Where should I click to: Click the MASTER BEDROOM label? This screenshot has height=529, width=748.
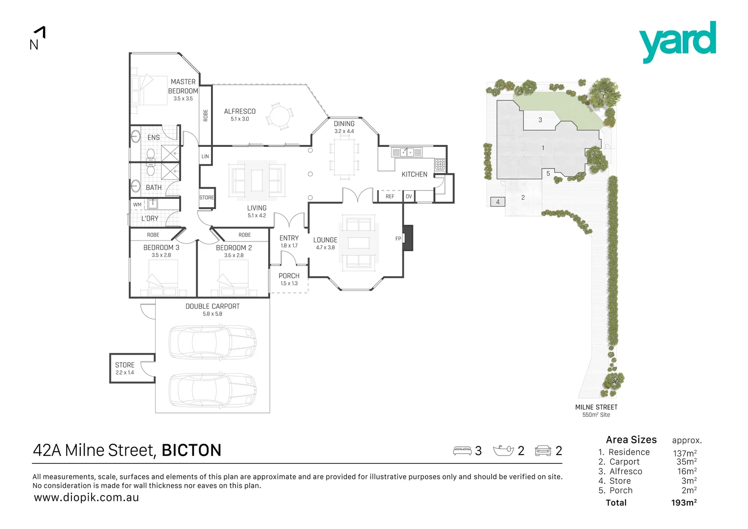pyautogui.click(x=183, y=86)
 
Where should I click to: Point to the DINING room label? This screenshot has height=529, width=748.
pyautogui.click(x=344, y=124)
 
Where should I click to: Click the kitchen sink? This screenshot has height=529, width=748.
pyautogui.click(x=407, y=152)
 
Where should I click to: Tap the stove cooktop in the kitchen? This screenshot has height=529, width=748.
pyautogui.click(x=440, y=164)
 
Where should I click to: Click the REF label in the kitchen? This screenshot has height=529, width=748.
pyautogui.click(x=390, y=196)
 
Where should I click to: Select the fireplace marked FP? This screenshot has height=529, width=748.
pyautogui.click(x=407, y=238)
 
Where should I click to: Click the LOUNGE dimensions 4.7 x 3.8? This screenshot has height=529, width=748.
pyautogui.click(x=325, y=248)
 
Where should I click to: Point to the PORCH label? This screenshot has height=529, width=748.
pyautogui.click(x=289, y=276)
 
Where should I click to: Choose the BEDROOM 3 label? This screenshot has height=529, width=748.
pyautogui.click(x=161, y=248)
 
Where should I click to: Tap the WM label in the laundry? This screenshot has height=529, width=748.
pyautogui.click(x=137, y=205)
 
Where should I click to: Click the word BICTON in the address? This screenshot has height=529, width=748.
pyautogui.click(x=191, y=450)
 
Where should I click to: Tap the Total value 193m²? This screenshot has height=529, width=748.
pyautogui.click(x=683, y=503)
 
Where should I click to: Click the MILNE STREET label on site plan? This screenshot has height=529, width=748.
pyautogui.click(x=596, y=407)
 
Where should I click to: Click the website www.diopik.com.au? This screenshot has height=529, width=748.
pyautogui.click(x=86, y=498)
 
